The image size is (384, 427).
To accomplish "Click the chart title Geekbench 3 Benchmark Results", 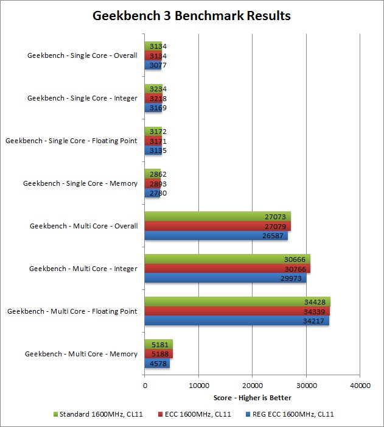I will click(x=192, y=16).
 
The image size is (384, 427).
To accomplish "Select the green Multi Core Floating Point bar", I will click(x=237, y=302).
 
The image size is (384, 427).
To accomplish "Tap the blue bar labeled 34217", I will click(x=237, y=320).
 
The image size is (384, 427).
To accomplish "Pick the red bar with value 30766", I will click(x=227, y=269).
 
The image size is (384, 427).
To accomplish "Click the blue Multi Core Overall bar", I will click(x=216, y=235).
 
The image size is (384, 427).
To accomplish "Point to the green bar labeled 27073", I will click(x=217, y=216).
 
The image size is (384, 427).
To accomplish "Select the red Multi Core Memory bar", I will click(x=159, y=354).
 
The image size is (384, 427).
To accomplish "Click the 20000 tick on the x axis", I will click(x=252, y=385).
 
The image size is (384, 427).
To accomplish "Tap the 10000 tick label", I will click(x=198, y=385).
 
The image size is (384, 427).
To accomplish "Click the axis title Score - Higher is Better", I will click(x=252, y=398).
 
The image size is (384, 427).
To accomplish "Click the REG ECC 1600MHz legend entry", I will click(x=289, y=414).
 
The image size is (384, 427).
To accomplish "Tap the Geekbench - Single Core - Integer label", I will click(x=83, y=98).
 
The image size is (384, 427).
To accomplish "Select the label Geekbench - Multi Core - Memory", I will click(x=81, y=354).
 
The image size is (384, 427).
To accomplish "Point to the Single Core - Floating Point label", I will click(x=72, y=141).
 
